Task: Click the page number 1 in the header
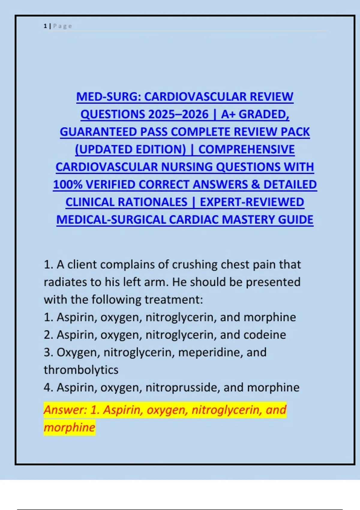coord(45,26)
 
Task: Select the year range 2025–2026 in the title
coord(178,114)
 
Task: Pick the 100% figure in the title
coord(68,184)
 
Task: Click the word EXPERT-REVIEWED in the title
coord(252,202)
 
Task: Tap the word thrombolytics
coord(81,370)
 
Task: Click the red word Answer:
coord(65,410)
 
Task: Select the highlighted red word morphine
coord(69,427)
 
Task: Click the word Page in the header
coord(62,26)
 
